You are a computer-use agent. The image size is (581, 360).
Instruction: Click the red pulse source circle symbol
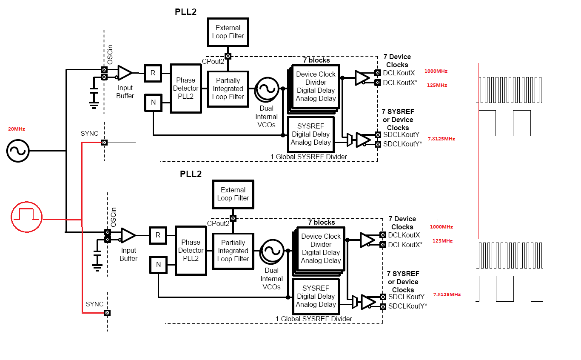(x=26, y=217)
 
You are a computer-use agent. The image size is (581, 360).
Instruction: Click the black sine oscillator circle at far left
(x=18, y=151)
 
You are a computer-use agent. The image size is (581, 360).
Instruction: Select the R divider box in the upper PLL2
(x=153, y=73)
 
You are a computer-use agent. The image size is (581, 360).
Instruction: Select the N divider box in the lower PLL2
(x=158, y=265)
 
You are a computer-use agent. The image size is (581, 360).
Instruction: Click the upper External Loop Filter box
(x=228, y=32)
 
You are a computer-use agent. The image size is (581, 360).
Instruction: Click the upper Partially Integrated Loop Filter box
(x=228, y=89)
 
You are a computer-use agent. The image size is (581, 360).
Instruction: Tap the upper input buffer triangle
(x=125, y=73)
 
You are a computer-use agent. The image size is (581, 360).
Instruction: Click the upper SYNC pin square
(x=104, y=143)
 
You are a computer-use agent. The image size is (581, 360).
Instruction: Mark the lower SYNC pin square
(x=107, y=313)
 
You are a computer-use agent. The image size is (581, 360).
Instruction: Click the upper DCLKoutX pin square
(x=377, y=73)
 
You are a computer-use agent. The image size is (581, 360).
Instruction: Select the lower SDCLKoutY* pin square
(x=383, y=306)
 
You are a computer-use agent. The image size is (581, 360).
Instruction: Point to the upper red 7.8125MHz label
(x=441, y=139)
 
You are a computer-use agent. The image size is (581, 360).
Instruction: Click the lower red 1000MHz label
(x=441, y=227)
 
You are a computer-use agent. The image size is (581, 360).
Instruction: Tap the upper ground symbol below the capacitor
(x=94, y=103)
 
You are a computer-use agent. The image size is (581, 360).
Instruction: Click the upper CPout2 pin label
(x=213, y=61)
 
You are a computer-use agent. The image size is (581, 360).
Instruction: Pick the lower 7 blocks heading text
(x=322, y=222)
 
